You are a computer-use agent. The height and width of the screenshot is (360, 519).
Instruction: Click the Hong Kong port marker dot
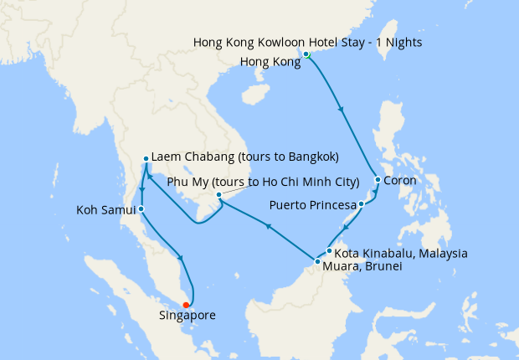(x=306, y=54)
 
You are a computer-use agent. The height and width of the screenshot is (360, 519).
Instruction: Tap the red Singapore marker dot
(x=186, y=305)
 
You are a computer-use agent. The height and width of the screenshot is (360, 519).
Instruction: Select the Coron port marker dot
(x=378, y=180)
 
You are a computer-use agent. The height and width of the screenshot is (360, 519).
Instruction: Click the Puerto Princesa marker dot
(x=361, y=204)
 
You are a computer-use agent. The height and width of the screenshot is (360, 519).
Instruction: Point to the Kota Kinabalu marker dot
(x=330, y=251)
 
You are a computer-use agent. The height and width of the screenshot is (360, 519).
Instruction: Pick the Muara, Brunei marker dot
(x=317, y=262)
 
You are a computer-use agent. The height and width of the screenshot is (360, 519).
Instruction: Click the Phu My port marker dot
(x=218, y=195)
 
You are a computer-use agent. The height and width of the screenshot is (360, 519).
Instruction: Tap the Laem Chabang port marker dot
(x=146, y=158)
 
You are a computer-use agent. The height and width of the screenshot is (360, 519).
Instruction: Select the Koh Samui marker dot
(x=141, y=208)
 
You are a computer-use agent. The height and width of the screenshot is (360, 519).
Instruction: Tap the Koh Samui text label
(x=101, y=208)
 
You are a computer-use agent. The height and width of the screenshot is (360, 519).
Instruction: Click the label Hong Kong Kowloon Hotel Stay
(x=307, y=42)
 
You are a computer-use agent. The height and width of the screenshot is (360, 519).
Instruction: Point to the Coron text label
(x=400, y=180)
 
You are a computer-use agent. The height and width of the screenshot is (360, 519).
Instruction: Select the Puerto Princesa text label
(x=312, y=204)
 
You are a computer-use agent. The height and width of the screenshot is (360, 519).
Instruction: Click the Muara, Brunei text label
(x=362, y=265)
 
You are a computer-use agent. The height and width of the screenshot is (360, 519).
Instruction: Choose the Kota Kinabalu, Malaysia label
(x=401, y=253)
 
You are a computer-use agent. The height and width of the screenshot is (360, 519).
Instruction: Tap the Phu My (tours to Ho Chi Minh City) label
(x=264, y=182)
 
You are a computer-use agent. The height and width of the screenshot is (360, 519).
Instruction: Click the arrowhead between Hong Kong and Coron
(x=340, y=109)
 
